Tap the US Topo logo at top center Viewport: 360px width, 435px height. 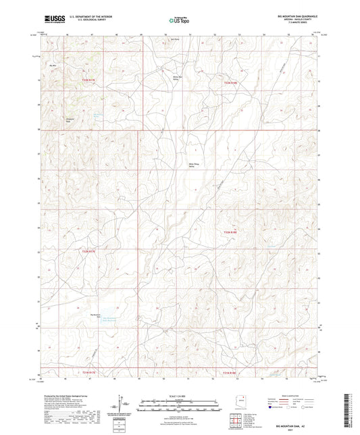coord(179,20)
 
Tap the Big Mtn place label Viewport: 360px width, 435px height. coord(53,65)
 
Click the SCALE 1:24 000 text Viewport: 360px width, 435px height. coord(179,396)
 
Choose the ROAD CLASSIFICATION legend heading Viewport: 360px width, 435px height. coord(290,398)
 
